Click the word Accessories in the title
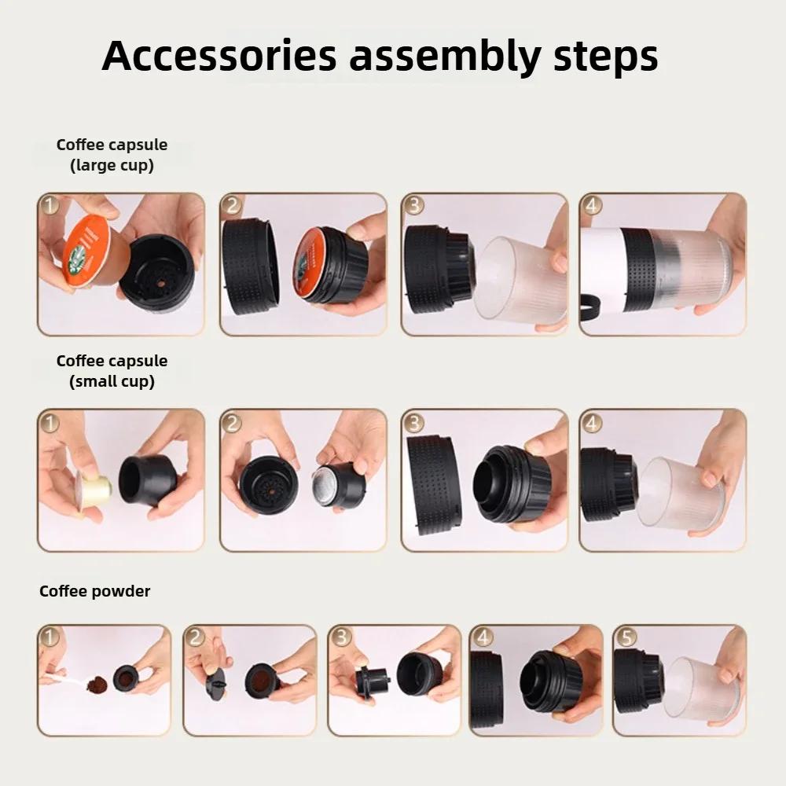[x=219, y=55]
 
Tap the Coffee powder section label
[x=94, y=591]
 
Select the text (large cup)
[x=112, y=165]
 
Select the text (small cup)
[x=112, y=381]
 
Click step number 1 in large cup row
[x=50, y=206]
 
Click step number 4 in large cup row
[x=592, y=206]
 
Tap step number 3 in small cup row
[x=413, y=422]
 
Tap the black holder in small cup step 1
[x=148, y=479]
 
